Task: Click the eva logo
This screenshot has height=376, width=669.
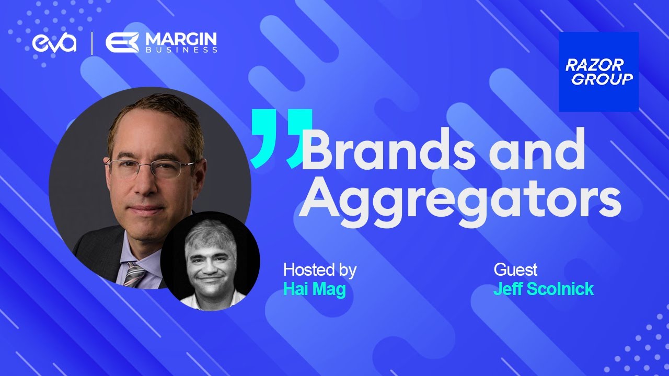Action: click(54, 43)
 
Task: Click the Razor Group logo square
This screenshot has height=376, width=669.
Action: click(598, 72)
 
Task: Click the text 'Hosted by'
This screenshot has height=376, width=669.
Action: click(319, 271)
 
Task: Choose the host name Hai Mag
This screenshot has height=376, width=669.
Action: click(314, 289)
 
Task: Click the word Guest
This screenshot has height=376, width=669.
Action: click(515, 271)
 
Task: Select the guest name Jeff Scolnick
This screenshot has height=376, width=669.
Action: click(544, 289)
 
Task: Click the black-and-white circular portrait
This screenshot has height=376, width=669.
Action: click(210, 261)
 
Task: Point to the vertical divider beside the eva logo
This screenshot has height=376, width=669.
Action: click(93, 43)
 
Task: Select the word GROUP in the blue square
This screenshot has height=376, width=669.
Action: click(602, 79)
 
